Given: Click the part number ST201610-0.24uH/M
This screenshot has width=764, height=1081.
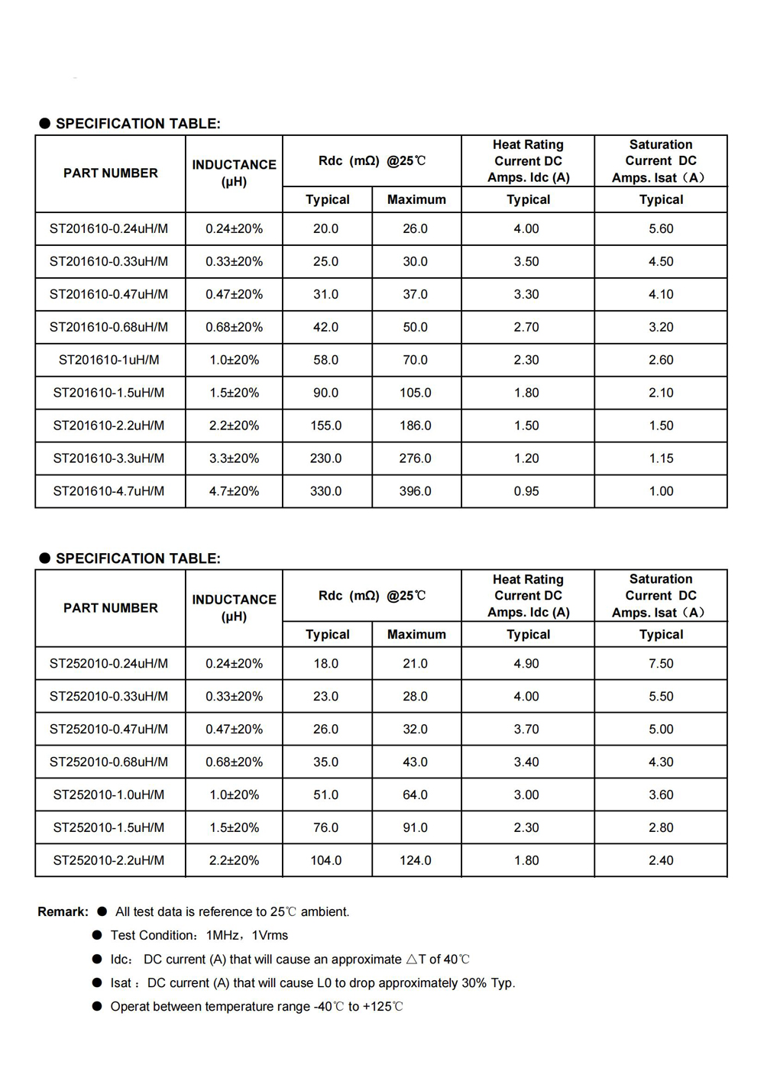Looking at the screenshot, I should pos(108,228).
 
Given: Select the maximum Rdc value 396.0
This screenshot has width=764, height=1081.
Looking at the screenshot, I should pos(415,491).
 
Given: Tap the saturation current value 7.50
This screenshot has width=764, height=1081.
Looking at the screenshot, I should pos(661,663).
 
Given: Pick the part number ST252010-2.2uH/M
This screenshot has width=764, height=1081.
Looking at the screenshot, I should pos(108,860).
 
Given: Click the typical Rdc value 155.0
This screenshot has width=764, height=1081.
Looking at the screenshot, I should pos(325,426).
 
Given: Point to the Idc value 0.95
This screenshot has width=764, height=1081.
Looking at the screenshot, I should pos(526,491).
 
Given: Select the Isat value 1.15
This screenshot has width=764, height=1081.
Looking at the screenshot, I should pos(661,458).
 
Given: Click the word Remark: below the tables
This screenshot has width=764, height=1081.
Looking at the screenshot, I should pos(63,911).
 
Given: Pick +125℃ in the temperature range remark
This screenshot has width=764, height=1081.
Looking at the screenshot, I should pos(382,1006).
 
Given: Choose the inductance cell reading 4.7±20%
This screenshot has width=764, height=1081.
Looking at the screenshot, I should pos(234,491).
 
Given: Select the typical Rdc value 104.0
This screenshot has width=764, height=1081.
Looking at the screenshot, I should pos(325,860).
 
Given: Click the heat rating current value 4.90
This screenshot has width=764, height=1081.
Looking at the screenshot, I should pos(526,663).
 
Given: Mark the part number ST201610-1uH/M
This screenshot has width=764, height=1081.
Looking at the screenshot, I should pos(108,360).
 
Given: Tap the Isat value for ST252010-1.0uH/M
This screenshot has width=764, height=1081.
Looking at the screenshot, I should pos(661,795).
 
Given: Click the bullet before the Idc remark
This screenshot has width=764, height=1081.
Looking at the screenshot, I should pos(97,959).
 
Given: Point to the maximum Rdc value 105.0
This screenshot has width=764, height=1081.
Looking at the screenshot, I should pos(415,393).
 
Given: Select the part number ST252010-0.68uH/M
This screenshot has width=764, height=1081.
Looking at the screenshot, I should pos(108,762).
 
